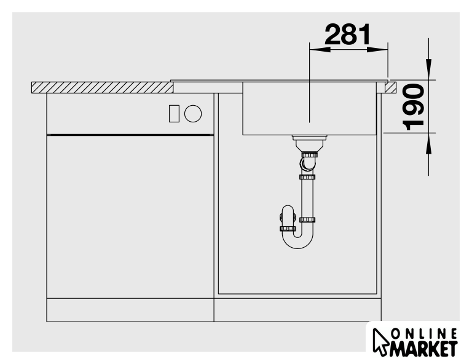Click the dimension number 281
click(x=348, y=34)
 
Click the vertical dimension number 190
click(x=414, y=108)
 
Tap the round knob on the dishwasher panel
click(x=193, y=114)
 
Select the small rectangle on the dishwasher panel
click(x=174, y=114)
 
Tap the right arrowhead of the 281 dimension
click(x=377, y=50)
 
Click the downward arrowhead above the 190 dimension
click(x=428, y=69)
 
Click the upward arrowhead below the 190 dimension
click(x=428, y=143)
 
